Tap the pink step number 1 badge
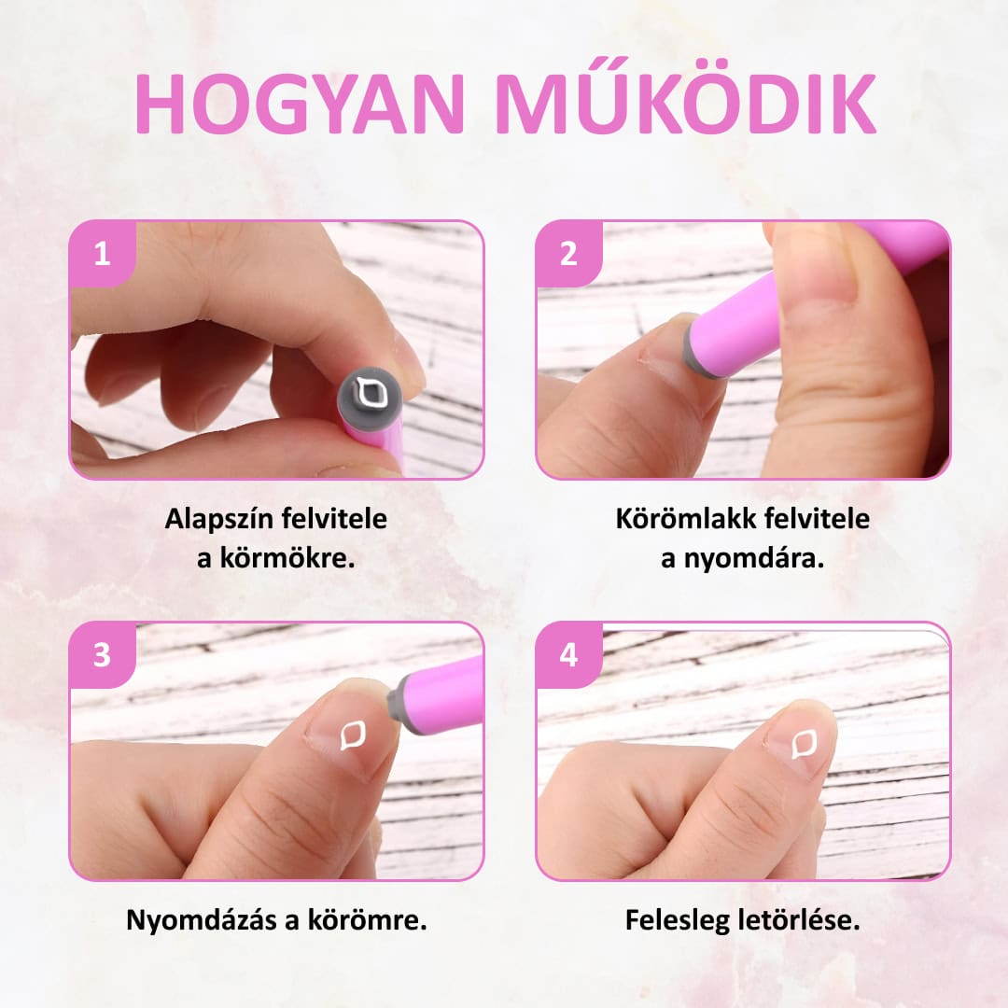click(103, 254)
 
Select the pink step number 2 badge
click(569, 254)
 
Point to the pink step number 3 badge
click(103, 655)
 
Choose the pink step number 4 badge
click(569, 655)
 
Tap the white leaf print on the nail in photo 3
click(352, 735)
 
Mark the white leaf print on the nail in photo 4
click(804, 745)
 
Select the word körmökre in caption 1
click(288, 558)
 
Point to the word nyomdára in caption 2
click(753, 558)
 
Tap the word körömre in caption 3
click(367, 920)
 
